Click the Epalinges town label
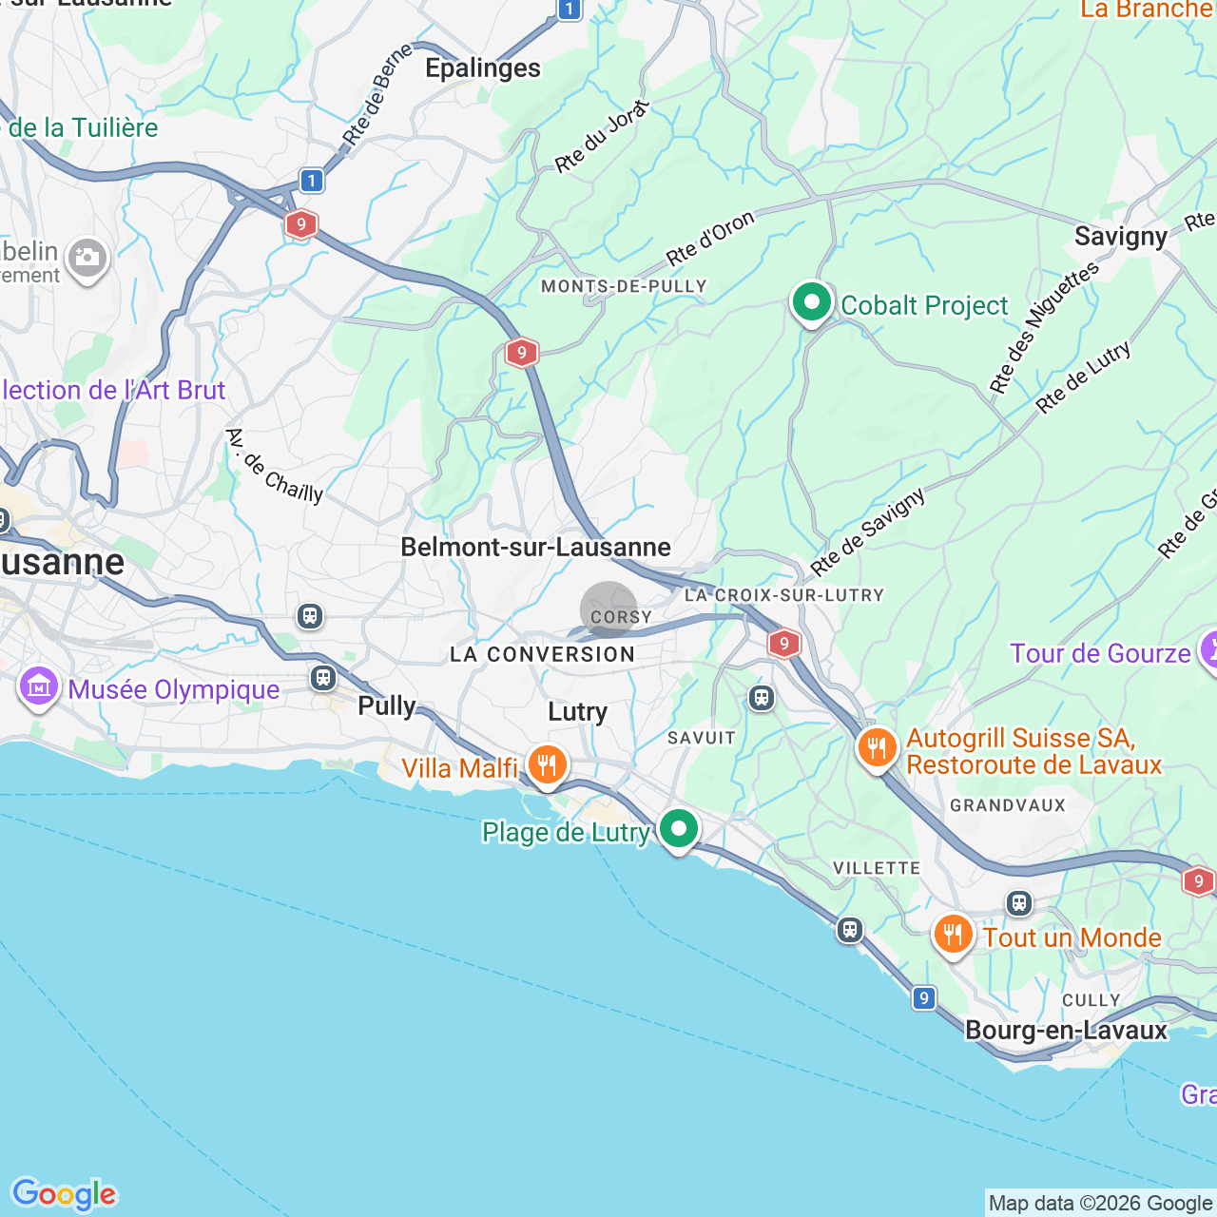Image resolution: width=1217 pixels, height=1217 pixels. tap(483, 68)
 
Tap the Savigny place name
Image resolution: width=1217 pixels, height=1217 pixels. tap(1121, 237)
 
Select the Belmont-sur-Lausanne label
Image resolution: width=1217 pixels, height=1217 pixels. tap(535, 547)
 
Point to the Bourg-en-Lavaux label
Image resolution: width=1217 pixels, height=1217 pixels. tap(1066, 1031)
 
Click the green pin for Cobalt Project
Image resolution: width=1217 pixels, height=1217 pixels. tap(811, 303)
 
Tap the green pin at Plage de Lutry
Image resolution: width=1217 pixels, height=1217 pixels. tap(678, 828)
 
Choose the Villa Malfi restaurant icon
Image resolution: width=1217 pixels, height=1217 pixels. tap(547, 764)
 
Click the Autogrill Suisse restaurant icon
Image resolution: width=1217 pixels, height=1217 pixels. tap(877, 748)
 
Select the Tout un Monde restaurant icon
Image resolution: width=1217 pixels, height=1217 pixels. tap(952, 936)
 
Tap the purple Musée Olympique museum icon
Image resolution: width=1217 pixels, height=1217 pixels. tap(39, 687)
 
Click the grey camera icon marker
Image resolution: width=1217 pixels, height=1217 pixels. tap(87, 259)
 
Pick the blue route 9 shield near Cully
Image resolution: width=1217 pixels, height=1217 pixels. tap(923, 998)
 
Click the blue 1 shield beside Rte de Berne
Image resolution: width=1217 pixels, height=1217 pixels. tap(311, 180)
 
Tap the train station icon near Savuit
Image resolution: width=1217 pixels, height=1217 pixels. tap(761, 698)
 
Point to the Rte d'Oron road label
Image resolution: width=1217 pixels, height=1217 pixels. tap(710, 239)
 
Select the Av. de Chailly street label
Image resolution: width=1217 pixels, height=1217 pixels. tap(275, 466)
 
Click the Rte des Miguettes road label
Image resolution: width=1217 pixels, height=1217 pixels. tap(1043, 327)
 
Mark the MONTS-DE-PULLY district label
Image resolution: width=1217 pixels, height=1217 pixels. tap(624, 286)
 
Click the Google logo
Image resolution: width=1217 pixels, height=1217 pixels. tap(64, 1194)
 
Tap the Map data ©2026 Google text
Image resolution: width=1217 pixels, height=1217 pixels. tap(1100, 1204)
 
